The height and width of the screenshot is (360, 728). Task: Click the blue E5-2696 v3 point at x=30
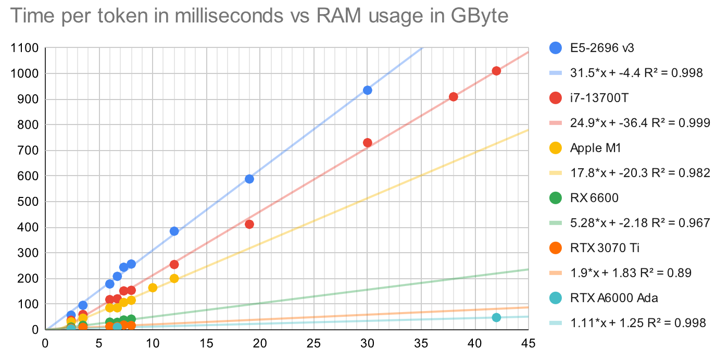(x=367, y=90)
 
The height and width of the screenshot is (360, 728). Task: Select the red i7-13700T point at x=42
(x=496, y=71)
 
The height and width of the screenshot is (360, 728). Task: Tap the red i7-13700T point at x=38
(x=453, y=96)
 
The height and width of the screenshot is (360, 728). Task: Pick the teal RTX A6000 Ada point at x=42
(x=496, y=317)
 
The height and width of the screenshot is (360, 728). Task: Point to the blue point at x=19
(x=249, y=179)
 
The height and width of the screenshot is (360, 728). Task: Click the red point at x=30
(x=367, y=143)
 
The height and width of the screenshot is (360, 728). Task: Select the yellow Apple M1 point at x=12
(x=174, y=278)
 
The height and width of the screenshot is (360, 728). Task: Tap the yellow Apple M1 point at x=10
(x=153, y=288)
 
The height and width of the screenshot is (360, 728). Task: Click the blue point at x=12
(x=174, y=231)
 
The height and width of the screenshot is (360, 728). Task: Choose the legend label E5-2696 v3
(x=601, y=48)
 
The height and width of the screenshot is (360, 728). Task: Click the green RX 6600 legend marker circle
(x=555, y=198)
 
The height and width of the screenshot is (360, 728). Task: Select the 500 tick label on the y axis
(x=29, y=202)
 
